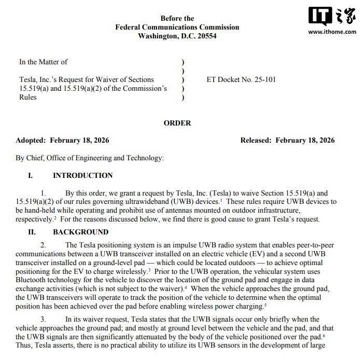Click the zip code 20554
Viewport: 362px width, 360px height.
tap(205, 36)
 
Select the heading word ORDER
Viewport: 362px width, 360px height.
tap(177, 123)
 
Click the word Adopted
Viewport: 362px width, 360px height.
tap(33, 141)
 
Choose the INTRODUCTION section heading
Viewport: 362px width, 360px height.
tap(82, 175)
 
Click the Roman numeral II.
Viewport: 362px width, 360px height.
tap(31, 232)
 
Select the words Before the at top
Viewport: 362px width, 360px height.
tap(177, 18)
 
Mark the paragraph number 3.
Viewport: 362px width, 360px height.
tap(45, 319)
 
